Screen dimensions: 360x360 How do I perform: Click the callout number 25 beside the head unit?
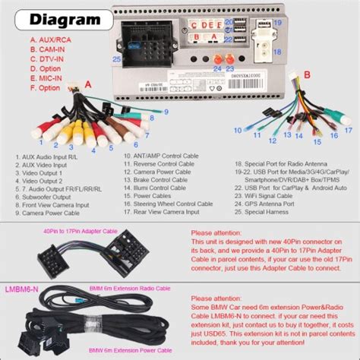(x=117, y=59)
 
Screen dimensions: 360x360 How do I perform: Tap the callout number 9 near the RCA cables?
(x=163, y=113)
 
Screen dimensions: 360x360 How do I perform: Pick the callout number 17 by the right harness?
(x=346, y=127)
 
